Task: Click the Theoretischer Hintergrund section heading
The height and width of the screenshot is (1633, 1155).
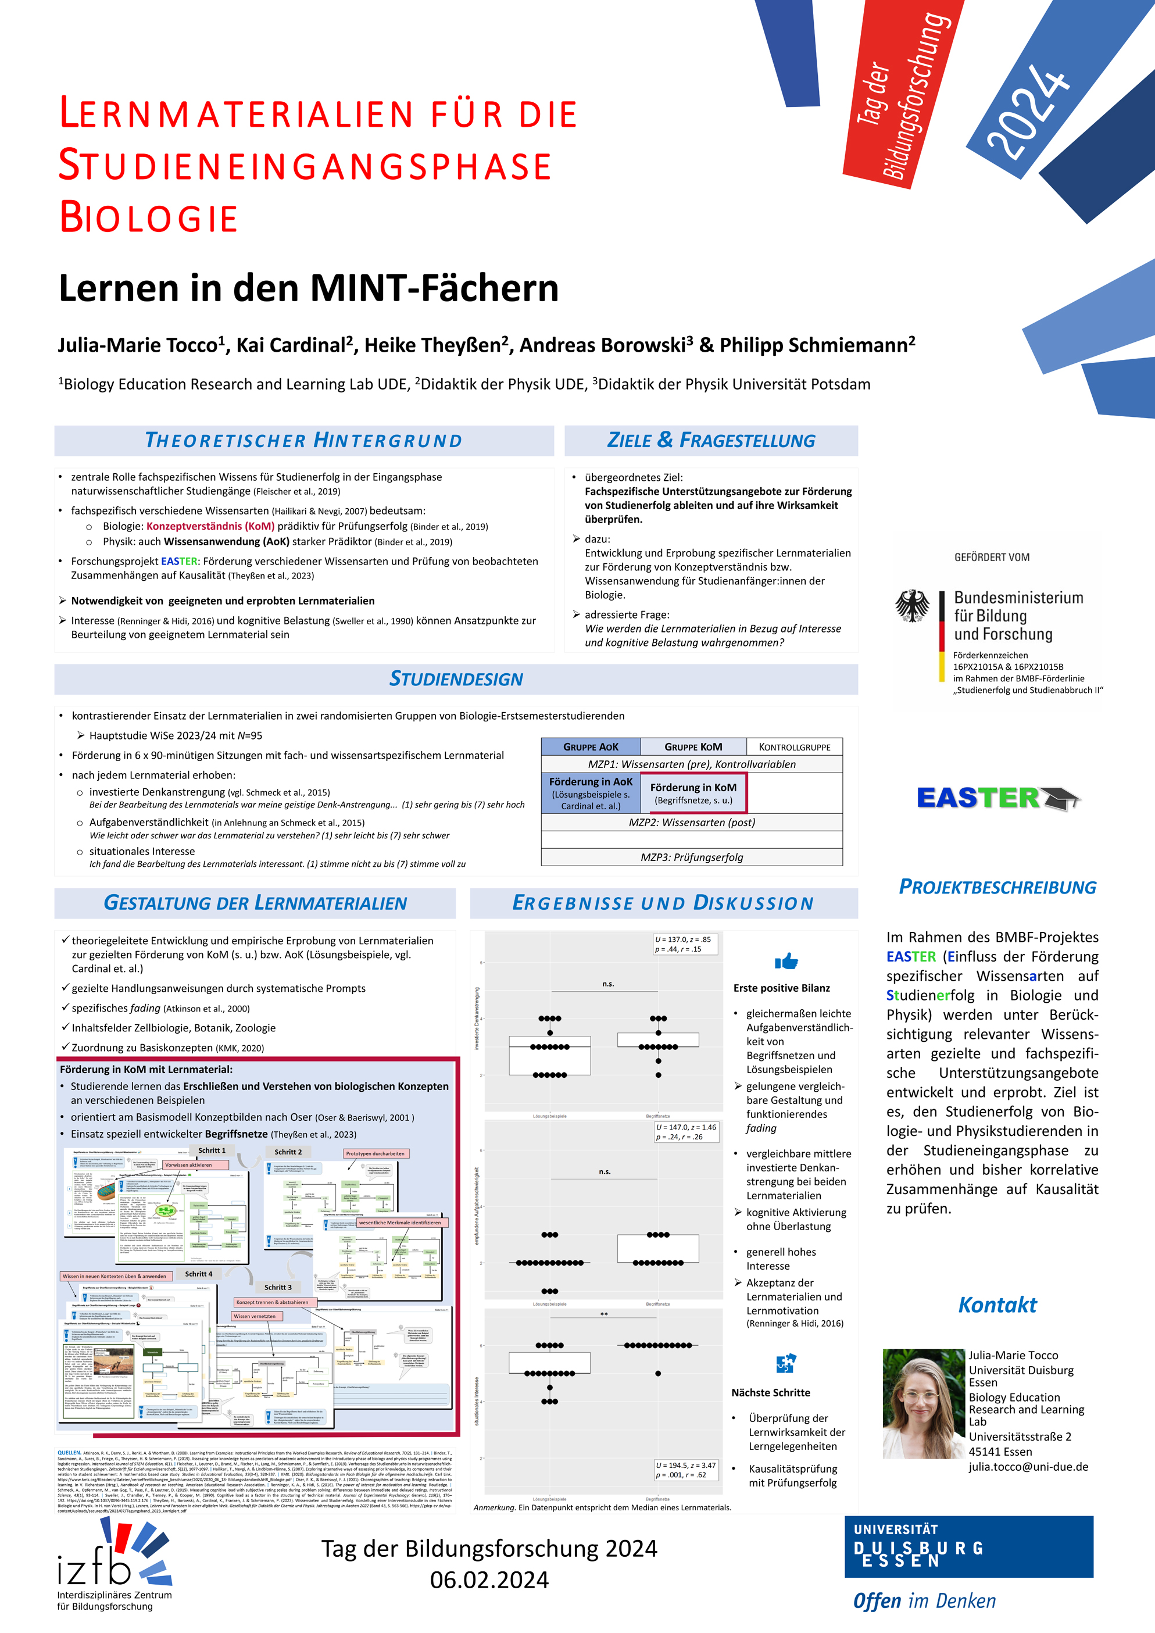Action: coord(303,440)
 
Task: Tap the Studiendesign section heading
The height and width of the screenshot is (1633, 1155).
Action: coord(456,678)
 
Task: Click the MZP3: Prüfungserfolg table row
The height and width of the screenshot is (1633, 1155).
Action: coord(691,857)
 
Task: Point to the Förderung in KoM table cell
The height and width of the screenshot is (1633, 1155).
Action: coord(693,793)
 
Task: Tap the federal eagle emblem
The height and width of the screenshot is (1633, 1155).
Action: coord(912,605)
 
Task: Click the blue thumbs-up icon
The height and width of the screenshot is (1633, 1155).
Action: coord(786,962)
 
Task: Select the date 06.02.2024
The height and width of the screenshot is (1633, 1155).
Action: coord(489,1580)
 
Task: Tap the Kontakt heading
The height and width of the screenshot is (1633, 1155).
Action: coord(997,1305)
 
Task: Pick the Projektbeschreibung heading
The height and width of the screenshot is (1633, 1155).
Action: coord(997,887)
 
